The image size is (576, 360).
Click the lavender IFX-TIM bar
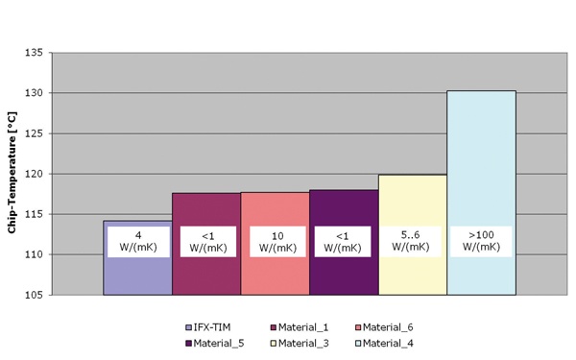137,274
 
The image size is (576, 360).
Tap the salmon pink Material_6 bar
275,274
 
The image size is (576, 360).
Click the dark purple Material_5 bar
344,274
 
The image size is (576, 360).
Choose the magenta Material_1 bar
206,274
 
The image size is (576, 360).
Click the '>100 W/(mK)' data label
482,241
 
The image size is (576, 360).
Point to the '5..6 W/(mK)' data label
413,240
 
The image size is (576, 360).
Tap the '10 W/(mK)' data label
275,241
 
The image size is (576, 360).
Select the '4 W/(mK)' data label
138,241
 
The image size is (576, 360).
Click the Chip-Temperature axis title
12,174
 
